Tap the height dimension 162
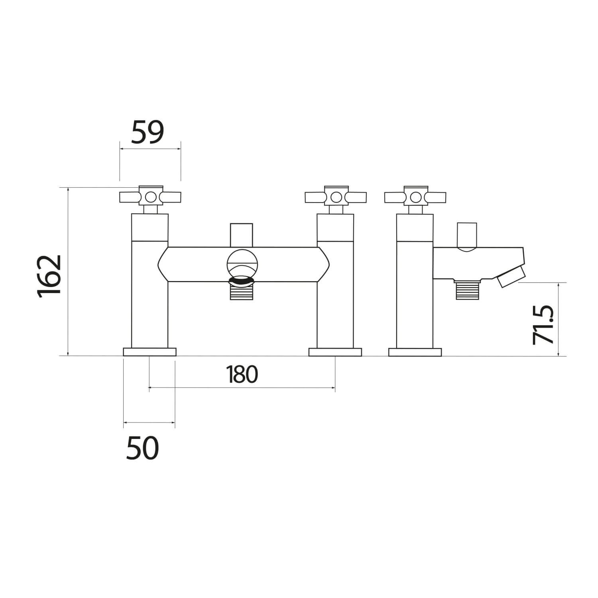coord(50,275)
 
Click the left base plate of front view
coord(149,352)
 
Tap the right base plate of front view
coord(335,352)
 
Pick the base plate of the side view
coord(415,352)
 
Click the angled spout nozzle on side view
coord(510,276)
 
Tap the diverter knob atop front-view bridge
coord(242,235)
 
